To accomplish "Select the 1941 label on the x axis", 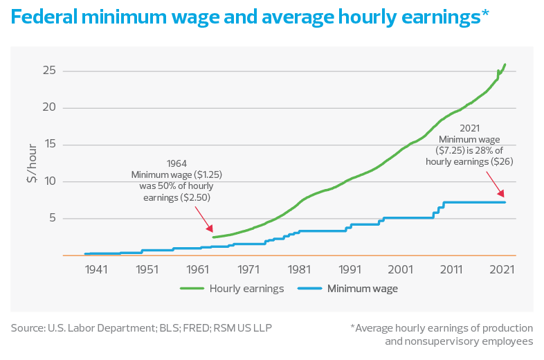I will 96,269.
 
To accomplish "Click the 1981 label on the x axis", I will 299,269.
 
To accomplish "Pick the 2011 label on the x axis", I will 451,269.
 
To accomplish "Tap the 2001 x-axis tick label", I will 400,269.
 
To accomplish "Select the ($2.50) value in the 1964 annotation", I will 195,197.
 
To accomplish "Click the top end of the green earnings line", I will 505,64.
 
